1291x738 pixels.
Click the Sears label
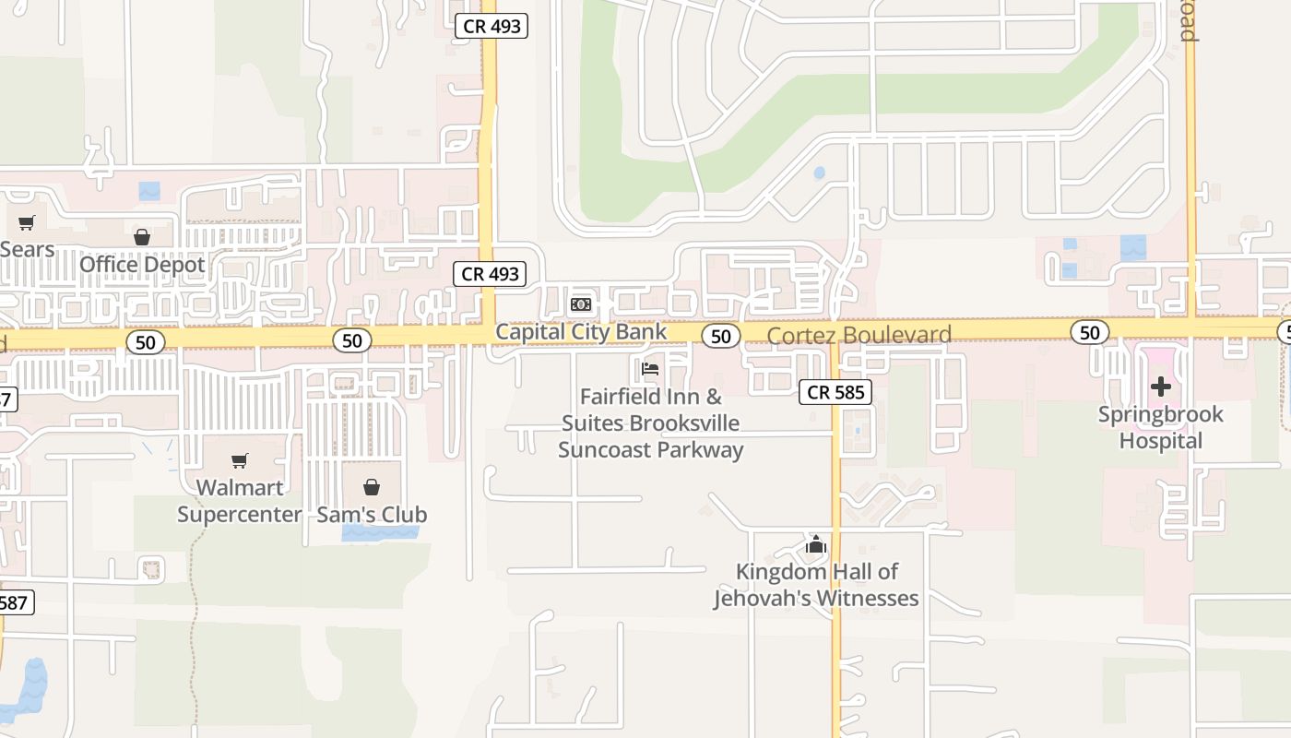28,249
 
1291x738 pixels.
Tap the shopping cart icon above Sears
27,222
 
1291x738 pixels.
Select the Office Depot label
142,264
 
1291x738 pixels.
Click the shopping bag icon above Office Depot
141,237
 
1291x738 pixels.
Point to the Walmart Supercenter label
240,500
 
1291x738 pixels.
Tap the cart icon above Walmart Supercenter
240,459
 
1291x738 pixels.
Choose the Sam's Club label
372,514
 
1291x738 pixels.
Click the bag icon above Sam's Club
372,487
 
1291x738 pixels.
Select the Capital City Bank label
581,331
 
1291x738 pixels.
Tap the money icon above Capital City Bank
580,304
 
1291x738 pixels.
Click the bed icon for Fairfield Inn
650,370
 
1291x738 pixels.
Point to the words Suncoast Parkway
650,450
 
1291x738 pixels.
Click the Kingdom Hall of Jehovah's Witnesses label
816,585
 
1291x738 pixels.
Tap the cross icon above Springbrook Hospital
1161,387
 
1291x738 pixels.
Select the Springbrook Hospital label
1161,427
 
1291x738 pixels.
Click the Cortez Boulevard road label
859,335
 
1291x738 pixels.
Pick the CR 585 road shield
835,392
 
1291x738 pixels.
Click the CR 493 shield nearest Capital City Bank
491,274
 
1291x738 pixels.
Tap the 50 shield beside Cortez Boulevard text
721,336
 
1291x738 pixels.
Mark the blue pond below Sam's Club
379,532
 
